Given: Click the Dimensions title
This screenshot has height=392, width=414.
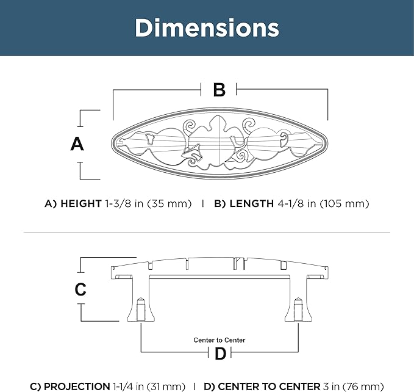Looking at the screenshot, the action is [207, 27].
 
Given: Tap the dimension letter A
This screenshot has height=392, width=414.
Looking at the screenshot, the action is [77, 144].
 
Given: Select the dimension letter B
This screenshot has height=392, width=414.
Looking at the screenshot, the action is [219, 90].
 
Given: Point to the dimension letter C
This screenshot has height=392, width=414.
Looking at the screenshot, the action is [80, 289].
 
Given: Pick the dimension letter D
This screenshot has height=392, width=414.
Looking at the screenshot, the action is [220, 354].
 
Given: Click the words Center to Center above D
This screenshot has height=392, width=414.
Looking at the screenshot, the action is [219, 340].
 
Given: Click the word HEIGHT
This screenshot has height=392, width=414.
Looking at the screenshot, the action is [81, 203].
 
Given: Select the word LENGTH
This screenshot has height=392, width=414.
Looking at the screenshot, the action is [252, 203].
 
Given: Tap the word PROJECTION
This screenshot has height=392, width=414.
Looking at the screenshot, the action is [77, 387].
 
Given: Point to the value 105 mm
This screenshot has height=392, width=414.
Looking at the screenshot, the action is [344, 203].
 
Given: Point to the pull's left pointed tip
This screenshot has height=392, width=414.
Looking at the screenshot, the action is [112, 143].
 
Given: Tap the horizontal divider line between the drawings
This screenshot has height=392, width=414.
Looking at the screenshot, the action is [207, 233].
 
